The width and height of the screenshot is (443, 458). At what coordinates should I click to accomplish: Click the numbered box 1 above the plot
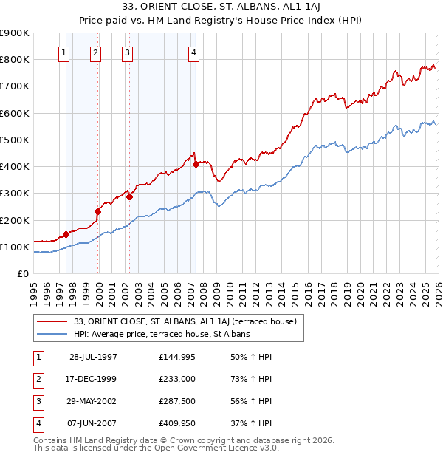(65, 52)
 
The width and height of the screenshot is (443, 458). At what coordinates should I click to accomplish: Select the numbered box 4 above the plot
(193, 52)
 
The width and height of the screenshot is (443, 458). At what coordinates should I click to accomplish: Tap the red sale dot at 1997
(66, 234)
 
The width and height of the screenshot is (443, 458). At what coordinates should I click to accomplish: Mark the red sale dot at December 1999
(97, 211)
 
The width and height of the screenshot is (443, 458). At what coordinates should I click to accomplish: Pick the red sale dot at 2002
(129, 196)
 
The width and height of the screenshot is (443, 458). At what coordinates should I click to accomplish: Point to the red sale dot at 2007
(196, 164)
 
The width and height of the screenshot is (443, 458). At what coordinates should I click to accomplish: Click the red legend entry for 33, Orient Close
(185, 321)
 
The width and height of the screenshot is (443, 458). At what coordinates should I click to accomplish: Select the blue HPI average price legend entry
(162, 335)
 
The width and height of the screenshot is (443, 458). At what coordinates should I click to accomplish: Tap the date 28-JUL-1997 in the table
(93, 357)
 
